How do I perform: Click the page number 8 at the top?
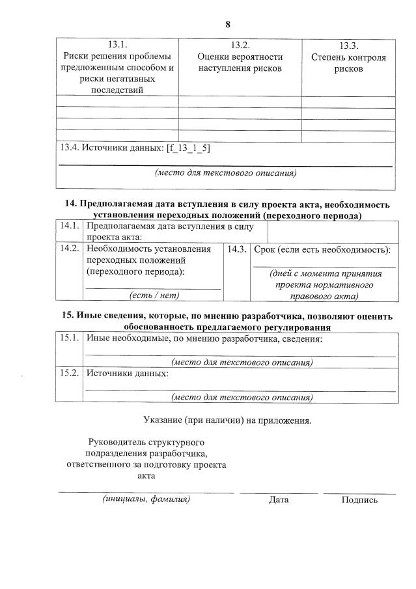click(228, 25)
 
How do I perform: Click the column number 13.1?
click(117, 45)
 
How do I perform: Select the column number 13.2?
click(240, 45)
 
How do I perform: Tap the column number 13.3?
click(349, 46)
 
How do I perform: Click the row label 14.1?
click(69, 226)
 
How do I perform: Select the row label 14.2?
click(69, 249)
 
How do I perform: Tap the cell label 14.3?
click(236, 249)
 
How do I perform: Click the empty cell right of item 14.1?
click(331, 231)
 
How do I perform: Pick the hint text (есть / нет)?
click(154, 295)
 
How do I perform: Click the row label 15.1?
click(69, 338)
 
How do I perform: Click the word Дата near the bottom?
click(279, 500)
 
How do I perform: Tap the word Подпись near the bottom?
click(359, 500)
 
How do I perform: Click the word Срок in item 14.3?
click(264, 250)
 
